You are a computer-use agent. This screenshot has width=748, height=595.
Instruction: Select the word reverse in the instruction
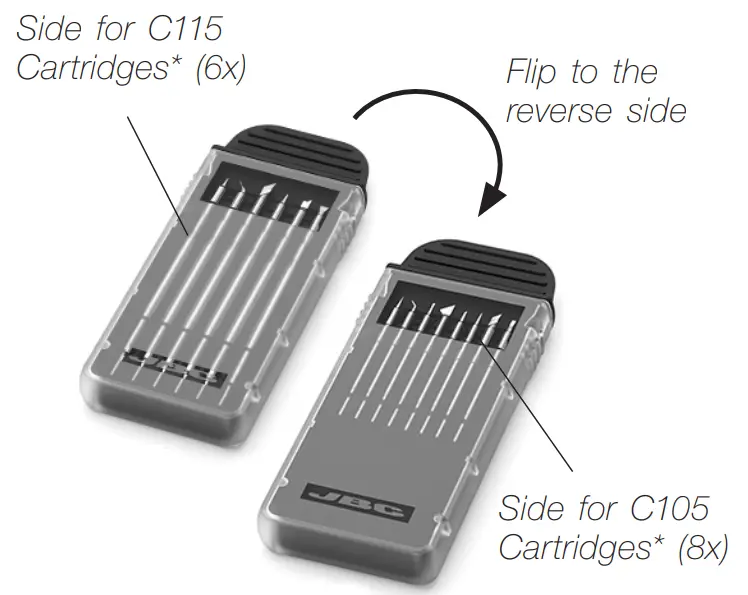(x=564, y=110)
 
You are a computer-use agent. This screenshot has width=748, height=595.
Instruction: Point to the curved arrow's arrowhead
(x=492, y=200)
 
